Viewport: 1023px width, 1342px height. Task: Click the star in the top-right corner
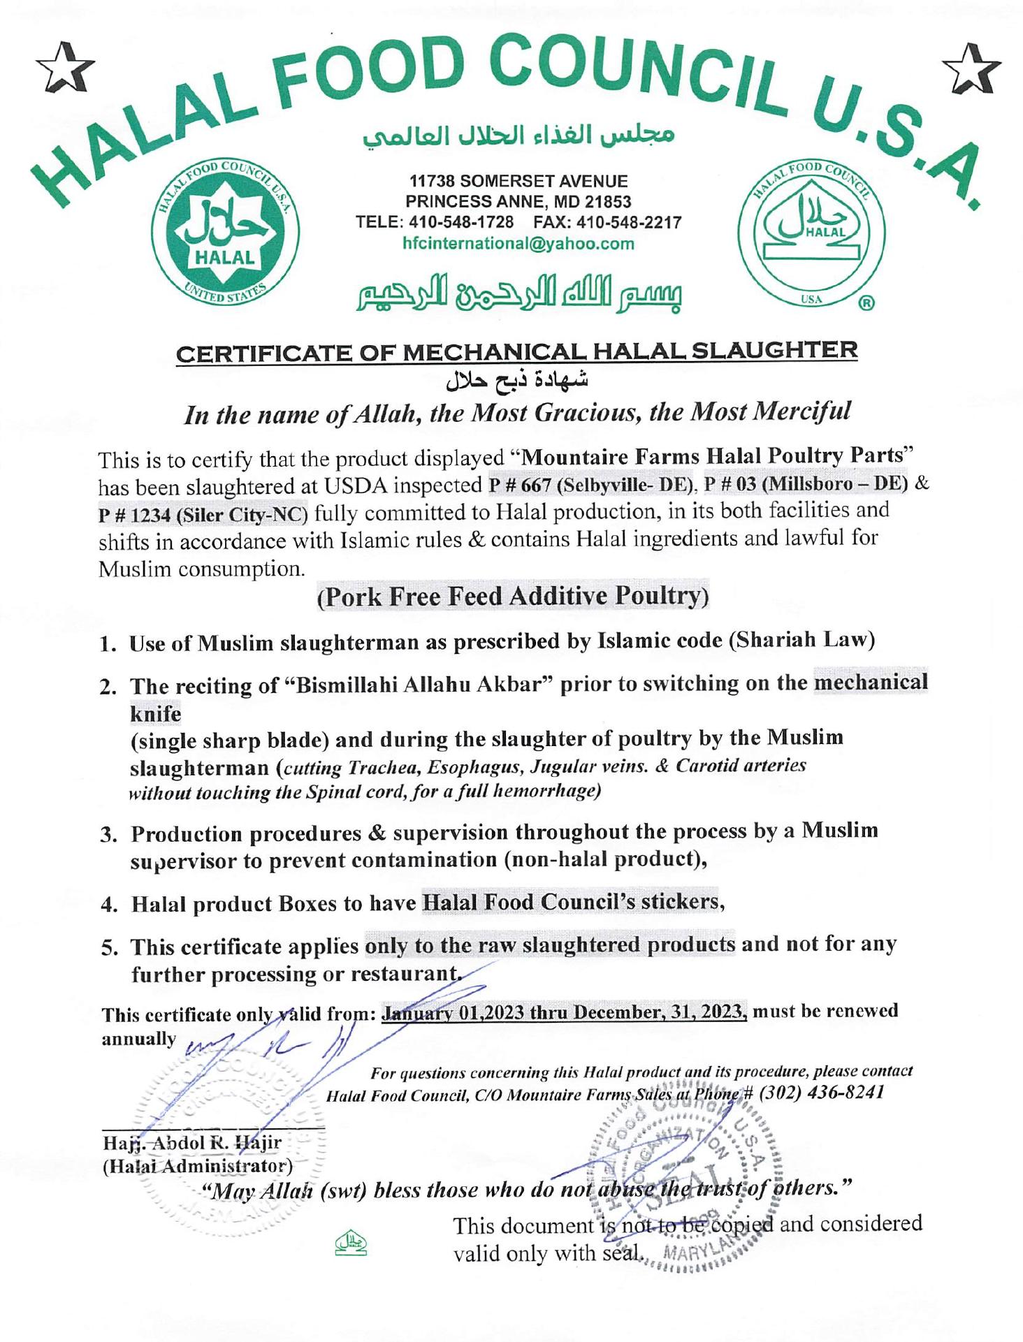point(971,68)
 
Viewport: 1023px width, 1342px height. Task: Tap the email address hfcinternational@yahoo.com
point(518,244)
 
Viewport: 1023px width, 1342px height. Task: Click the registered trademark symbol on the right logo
point(866,302)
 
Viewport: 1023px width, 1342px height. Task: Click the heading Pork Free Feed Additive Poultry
point(513,597)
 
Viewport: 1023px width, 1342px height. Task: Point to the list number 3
point(108,835)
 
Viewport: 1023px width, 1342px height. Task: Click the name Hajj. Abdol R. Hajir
point(192,1143)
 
